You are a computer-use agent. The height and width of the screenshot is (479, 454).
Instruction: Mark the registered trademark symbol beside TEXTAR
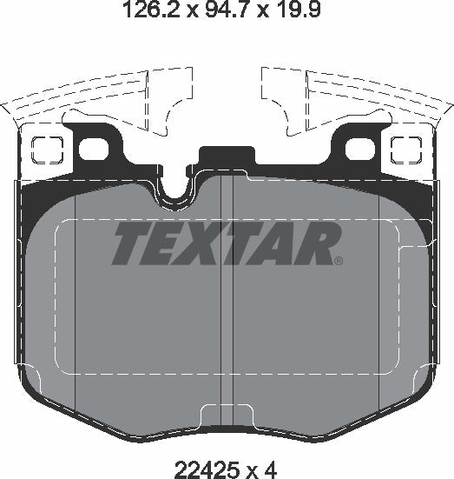click(x=339, y=259)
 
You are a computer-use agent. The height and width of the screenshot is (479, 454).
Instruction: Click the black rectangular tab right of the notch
click(x=223, y=157)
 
